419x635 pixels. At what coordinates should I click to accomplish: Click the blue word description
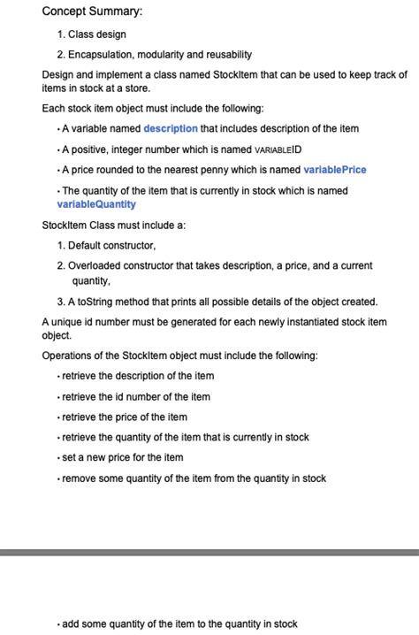[171, 128]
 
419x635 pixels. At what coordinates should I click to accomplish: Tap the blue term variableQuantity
[96, 204]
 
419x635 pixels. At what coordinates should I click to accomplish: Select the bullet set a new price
[123, 457]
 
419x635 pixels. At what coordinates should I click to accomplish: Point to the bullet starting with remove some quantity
[194, 478]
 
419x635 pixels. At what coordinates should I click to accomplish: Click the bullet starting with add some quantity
[179, 624]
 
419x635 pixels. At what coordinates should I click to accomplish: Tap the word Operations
[69, 356]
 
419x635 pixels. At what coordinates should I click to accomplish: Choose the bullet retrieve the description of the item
[138, 376]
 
